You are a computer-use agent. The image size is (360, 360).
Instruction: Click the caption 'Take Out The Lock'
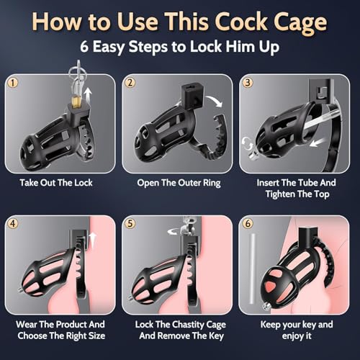[62, 182]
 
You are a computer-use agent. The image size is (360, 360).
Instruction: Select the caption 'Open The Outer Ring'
[179, 182]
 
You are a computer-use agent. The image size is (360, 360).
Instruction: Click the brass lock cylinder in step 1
[73, 96]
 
